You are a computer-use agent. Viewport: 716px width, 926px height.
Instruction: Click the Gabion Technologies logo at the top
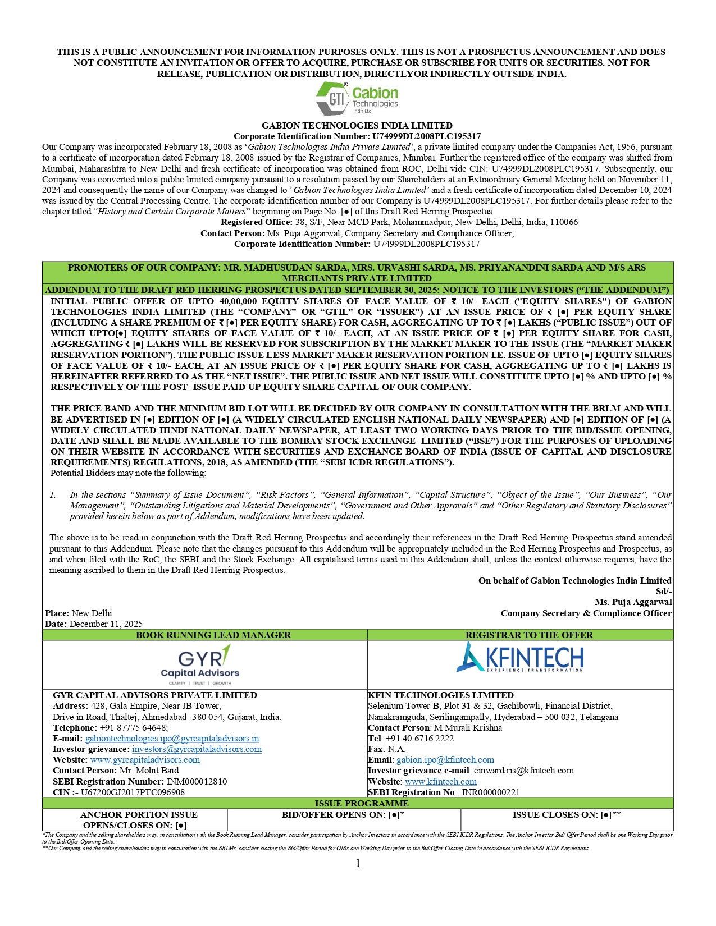(x=357, y=98)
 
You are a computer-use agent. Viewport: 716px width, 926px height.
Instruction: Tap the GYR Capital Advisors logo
(x=200, y=664)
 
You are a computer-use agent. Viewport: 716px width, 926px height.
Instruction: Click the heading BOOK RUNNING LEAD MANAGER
(x=213, y=635)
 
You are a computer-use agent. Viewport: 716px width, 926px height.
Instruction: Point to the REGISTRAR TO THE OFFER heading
(x=529, y=635)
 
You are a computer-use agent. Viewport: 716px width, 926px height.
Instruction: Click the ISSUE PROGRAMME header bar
(x=358, y=803)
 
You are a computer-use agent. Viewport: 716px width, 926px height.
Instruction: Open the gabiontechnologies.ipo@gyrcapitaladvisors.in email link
(x=172, y=739)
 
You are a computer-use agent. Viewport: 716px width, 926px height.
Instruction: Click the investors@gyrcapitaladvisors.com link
(x=197, y=749)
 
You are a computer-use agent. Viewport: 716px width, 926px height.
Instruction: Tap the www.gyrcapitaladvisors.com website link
(x=145, y=760)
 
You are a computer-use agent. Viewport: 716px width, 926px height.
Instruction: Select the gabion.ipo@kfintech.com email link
(x=445, y=760)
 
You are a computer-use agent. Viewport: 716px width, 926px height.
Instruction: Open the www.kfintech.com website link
(x=441, y=781)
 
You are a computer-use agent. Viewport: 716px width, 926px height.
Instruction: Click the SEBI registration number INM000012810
(x=197, y=781)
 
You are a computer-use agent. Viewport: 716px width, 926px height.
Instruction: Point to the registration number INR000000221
(x=491, y=792)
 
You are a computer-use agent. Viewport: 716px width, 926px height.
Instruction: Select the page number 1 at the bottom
(x=358, y=863)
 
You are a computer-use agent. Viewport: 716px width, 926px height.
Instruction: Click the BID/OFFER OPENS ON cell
(x=343, y=814)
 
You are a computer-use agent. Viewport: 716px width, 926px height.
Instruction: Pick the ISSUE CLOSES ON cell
(x=567, y=814)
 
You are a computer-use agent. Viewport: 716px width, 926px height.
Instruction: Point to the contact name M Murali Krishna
(x=468, y=728)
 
